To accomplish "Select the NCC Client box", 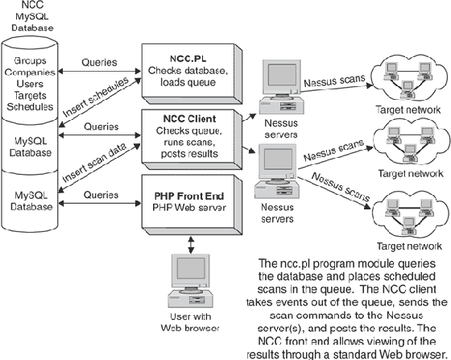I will tap(191, 131).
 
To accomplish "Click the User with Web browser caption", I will tap(190, 321).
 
